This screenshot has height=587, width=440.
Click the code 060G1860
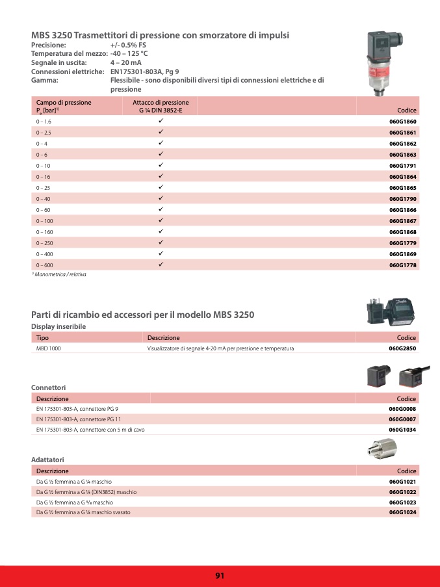click(402, 122)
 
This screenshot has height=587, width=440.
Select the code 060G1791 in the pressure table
click(402, 166)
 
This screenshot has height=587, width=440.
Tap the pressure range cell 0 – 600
click(45, 265)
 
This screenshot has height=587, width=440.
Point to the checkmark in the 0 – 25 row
click(160, 187)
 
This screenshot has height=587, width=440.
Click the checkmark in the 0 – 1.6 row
click(160, 121)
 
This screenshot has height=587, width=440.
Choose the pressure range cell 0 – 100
click(45, 221)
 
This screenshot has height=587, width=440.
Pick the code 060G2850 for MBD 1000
click(402, 348)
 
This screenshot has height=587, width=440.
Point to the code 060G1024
click(402, 513)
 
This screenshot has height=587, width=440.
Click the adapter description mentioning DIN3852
click(86, 491)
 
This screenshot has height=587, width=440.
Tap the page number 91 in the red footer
click(220, 575)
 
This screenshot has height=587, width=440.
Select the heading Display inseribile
click(58, 326)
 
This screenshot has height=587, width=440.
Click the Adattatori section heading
click(47, 460)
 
